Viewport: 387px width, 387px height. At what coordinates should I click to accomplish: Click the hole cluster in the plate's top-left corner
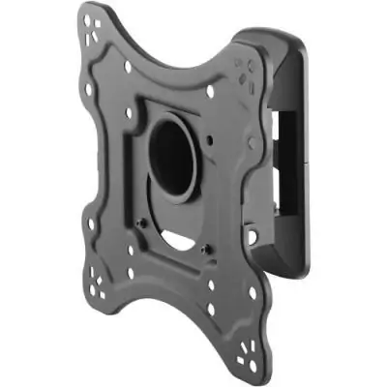pos(93,20)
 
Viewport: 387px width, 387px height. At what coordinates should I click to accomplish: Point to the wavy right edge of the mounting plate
pos(253,193)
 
